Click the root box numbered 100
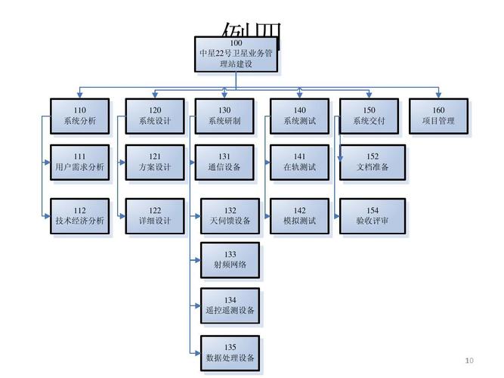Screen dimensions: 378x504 coord(237,54)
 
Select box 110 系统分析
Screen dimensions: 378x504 coord(79,116)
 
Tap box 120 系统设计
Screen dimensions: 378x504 coord(154,116)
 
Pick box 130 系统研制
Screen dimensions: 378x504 coord(224,116)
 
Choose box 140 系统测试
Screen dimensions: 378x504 coord(299,116)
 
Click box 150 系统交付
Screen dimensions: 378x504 coord(369,116)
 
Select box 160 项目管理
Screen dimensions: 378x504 coord(438,116)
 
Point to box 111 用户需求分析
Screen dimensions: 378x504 coord(79,162)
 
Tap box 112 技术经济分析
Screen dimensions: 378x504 coord(79,215)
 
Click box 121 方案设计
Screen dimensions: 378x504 coord(154,162)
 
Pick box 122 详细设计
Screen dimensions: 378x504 coord(154,215)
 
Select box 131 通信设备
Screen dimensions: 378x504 coord(224,162)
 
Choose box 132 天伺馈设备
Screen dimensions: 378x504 coord(230,215)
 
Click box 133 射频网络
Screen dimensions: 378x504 coord(230,260)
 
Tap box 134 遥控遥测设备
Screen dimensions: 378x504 coord(230,305)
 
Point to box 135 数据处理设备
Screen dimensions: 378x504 coord(230,353)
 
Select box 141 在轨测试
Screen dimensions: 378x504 coord(299,162)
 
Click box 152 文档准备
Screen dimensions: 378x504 coord(373,162)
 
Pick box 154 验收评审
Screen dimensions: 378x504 coord(373,215)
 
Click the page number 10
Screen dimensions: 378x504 coord(468,359)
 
